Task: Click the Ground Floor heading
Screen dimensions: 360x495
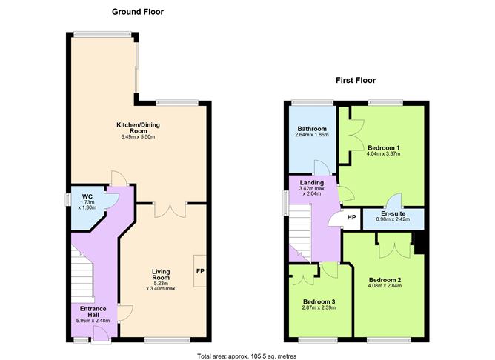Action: point(137,12)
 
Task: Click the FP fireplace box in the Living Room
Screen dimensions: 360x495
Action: point(200,271)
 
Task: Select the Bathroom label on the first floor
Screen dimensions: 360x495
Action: point(311,129)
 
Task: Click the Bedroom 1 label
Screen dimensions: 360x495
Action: point(384,147)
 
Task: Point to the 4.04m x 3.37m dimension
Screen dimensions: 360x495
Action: point(384,156)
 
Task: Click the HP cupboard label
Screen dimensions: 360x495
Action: point(351,218)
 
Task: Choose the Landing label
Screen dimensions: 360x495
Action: point(311,183)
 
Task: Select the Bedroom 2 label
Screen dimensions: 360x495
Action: point(385,280)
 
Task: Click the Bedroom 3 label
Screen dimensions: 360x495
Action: point(319,301)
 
